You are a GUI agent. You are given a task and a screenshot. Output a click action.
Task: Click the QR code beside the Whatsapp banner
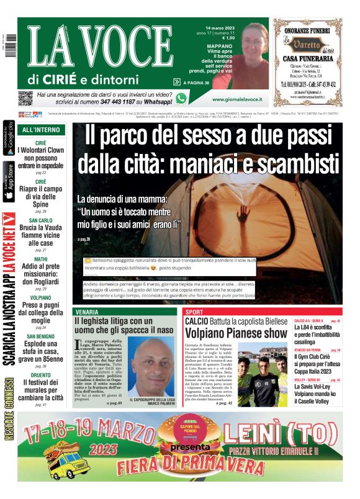(x=25, y=97)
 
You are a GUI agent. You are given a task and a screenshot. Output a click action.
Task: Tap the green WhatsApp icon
(x=181, y=98)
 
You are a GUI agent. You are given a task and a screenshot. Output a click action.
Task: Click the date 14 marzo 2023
(x=217, y=27)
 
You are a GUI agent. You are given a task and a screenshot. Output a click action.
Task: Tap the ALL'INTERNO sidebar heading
(x=41, y=130)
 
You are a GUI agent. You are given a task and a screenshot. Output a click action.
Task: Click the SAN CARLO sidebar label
(x=41, y=220)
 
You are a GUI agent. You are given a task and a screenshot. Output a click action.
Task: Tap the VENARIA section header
(x=86, y=312)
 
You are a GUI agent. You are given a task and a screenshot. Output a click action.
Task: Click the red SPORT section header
(x=194, y=312)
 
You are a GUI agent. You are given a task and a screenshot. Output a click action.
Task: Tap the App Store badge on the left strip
(x=9, y=182)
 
